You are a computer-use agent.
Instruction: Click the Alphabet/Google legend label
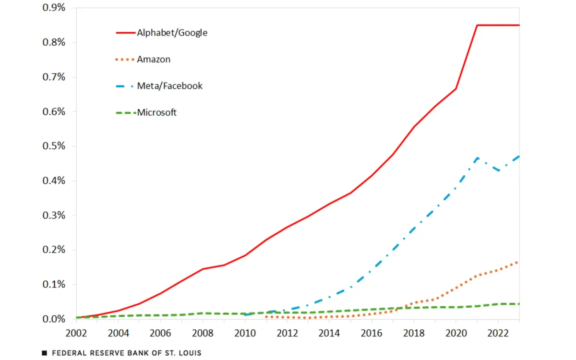[x=172, y=33]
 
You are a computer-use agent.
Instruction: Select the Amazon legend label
[x=154, y=60]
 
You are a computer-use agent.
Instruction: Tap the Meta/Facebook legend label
[x=169, y=86]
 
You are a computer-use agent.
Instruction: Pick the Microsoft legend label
[x=156, y=112]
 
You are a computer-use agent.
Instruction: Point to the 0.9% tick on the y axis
[x=53, y=8]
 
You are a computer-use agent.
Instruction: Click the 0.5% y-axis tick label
[x=53, y=146]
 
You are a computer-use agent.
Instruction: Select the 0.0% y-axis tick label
[x=53, y=319]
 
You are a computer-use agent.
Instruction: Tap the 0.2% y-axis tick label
[x=53, y=250]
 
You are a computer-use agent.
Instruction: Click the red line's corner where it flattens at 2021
[x=477, y=25]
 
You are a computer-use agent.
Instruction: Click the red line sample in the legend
[x=125, y=33]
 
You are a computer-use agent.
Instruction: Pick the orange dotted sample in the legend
[x=125, y=60]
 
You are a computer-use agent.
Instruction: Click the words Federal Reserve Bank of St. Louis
[x=126, y=353]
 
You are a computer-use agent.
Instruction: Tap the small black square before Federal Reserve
[x=44, y=353]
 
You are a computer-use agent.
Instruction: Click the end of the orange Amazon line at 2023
[x=519, y=262]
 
